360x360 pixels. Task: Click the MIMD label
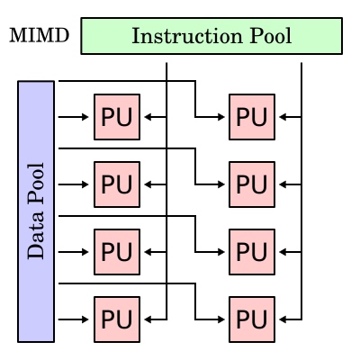pos(40,36)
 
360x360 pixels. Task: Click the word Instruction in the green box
pos(187,36)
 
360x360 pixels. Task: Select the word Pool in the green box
pos(271,36)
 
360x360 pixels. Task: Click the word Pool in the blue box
pos(36,184)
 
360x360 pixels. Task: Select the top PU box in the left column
pos(117,117)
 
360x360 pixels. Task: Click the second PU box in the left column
pos(117,184)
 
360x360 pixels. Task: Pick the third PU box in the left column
pos(117,252)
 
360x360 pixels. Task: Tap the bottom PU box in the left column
pos(117,319)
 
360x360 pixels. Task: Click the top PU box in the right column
pos(252,117)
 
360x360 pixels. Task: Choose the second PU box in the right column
pos(252,184)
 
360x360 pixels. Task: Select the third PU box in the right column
pos(252,252)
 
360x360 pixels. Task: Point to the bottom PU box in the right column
pos(252,319)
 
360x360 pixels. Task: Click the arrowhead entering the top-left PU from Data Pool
pos(85,117)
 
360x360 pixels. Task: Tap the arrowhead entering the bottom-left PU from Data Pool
pos(85,319)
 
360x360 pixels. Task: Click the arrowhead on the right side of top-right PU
pos(283,117)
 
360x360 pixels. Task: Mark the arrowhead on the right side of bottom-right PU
pos(283,319)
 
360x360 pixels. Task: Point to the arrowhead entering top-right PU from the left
pos(221,117)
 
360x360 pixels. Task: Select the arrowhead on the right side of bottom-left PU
pos(148,319)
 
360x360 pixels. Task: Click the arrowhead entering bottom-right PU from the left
pos(221,319)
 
